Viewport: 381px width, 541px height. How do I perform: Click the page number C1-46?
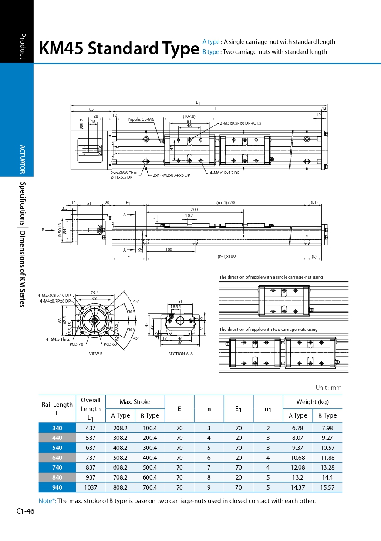tap(25, 511)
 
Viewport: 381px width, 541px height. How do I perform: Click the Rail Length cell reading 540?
tap(57, 448)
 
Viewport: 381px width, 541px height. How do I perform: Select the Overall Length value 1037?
tap(91, 487)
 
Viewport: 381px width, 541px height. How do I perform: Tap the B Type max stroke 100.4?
tap(149, 428)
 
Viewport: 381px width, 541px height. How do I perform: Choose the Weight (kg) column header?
tap(312, 402)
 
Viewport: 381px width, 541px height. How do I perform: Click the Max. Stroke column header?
tap(135, 402)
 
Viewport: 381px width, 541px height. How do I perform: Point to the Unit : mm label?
tap(328, 388)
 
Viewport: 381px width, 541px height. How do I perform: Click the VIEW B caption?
tap(96, 354)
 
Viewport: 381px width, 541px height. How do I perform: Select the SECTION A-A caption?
tap(180, 354)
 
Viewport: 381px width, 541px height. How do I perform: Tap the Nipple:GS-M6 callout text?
tap(141, 119)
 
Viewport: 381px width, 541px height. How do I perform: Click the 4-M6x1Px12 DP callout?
tap(224, 173)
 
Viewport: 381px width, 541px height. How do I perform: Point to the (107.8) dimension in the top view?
tap(189, 116)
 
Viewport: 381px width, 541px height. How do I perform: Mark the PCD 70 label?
tap(76, 344)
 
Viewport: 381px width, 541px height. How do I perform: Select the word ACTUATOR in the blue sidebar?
tap(23, 159)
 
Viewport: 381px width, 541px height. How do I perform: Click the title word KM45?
tap(61, 49)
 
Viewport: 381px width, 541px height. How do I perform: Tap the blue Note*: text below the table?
tap(47, 501)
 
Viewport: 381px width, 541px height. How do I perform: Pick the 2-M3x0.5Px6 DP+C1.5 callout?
tap(240, 123)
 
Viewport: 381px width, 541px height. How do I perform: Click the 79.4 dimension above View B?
tap(94, 293)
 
